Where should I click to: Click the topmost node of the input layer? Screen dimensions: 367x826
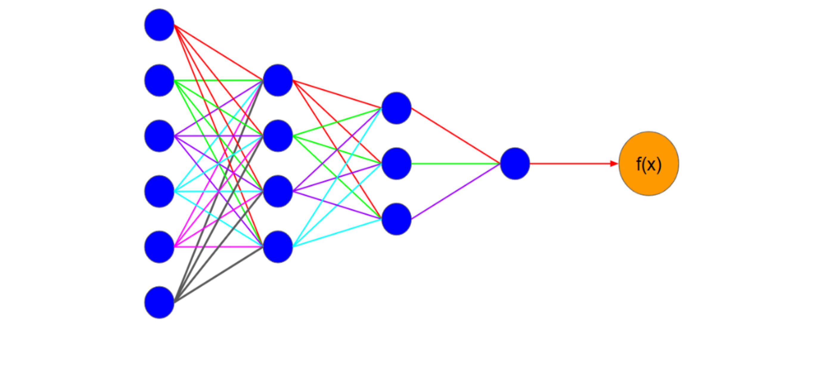[x=159, y=25]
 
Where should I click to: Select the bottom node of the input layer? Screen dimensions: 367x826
[x=159, y=302]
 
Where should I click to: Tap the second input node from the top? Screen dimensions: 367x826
[x=159, y=80]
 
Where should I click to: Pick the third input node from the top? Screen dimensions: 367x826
[x=159, y=136]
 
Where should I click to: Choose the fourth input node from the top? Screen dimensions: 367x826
[x=159, y=191]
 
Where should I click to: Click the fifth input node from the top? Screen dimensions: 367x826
[x=159, y=247]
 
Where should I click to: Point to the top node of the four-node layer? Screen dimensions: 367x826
[x=278, y=80]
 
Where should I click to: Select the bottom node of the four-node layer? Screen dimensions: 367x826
[x=278, y=247]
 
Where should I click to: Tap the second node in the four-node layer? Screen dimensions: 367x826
[x=278, y=136]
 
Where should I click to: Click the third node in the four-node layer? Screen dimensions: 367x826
[x=278, y=191]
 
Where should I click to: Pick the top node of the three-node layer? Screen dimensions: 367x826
[x=396, y=108]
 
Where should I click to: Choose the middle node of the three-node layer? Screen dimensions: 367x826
[x=396, y=164]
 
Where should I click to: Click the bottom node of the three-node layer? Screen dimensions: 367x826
[x=396, y=219]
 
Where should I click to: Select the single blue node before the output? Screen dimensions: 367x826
[x=515, y=164]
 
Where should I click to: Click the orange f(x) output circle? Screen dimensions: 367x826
[x=648, y=164]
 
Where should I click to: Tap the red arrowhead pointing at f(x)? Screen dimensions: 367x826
[x=614, y=164]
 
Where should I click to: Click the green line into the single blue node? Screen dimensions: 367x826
[x=455, y=164]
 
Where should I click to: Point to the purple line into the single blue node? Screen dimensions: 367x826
[x=455, y=191]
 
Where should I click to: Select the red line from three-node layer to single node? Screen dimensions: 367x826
[x=455, y=136]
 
